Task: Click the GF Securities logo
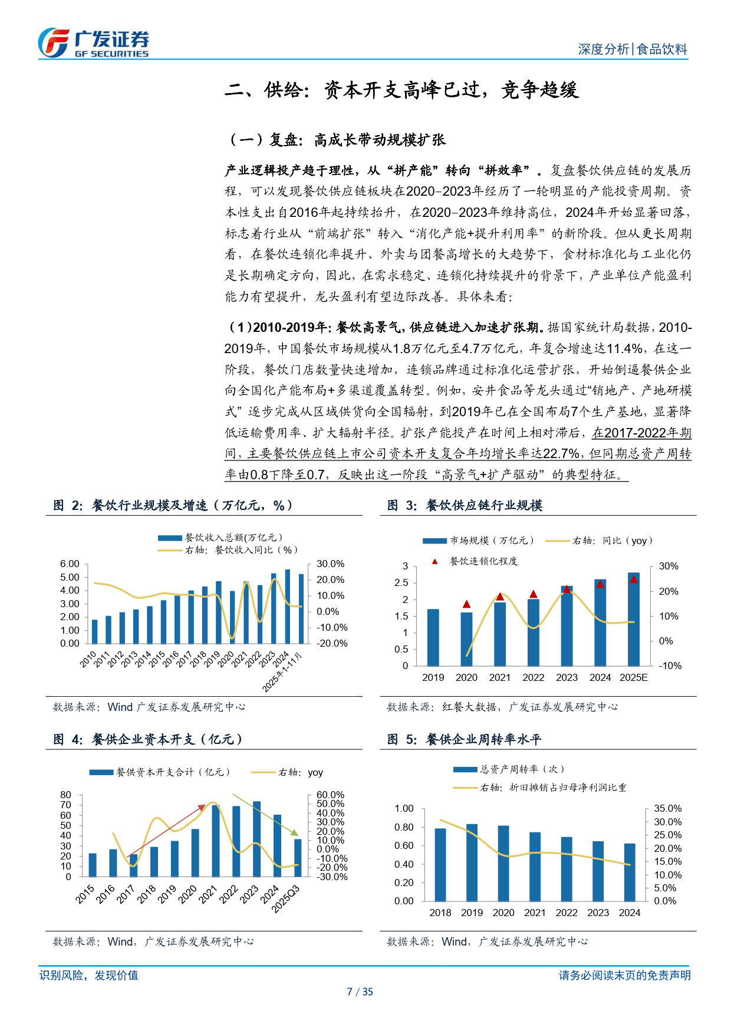(x=93, y=43)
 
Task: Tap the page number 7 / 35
(x=360, y=992)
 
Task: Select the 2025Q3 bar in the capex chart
(x=298, y=858)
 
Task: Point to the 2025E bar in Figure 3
(x=634, y=619)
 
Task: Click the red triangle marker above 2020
(x=466, y=604)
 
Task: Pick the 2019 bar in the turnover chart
(x=472, y=862)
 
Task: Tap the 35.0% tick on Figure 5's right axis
(x=667, y=809)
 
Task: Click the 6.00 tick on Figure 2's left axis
(x=70, y=564)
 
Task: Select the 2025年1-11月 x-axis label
(x=282, y=673)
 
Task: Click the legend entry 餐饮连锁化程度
(x=483, y=561)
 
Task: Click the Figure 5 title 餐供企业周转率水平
(x=465, y=739)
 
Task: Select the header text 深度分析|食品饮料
(x=632, y=50)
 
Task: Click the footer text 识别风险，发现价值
(x=89, y=976)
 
